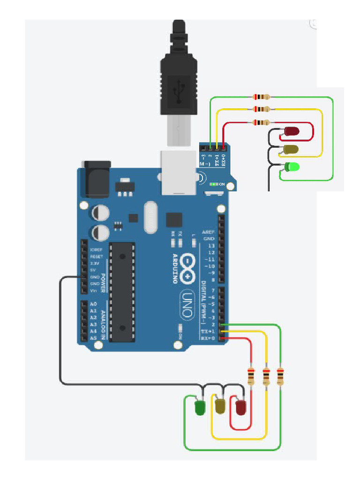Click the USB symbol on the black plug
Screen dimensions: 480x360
point(179,90)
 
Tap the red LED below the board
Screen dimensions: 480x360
point(241,406)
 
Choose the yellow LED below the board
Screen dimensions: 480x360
point(220,405)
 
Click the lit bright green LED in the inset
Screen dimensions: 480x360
point(293,167)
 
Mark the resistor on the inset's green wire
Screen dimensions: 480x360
point(262,97)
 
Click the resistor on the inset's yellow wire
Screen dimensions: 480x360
point(262,109)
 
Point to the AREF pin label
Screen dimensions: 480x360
point(208,232)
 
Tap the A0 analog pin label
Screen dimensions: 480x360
point(93,304)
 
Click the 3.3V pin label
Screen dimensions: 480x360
point(95,263)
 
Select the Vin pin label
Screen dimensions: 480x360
point(93,291)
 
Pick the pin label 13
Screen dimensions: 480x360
point(211,246)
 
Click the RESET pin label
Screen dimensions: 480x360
point(96,257)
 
